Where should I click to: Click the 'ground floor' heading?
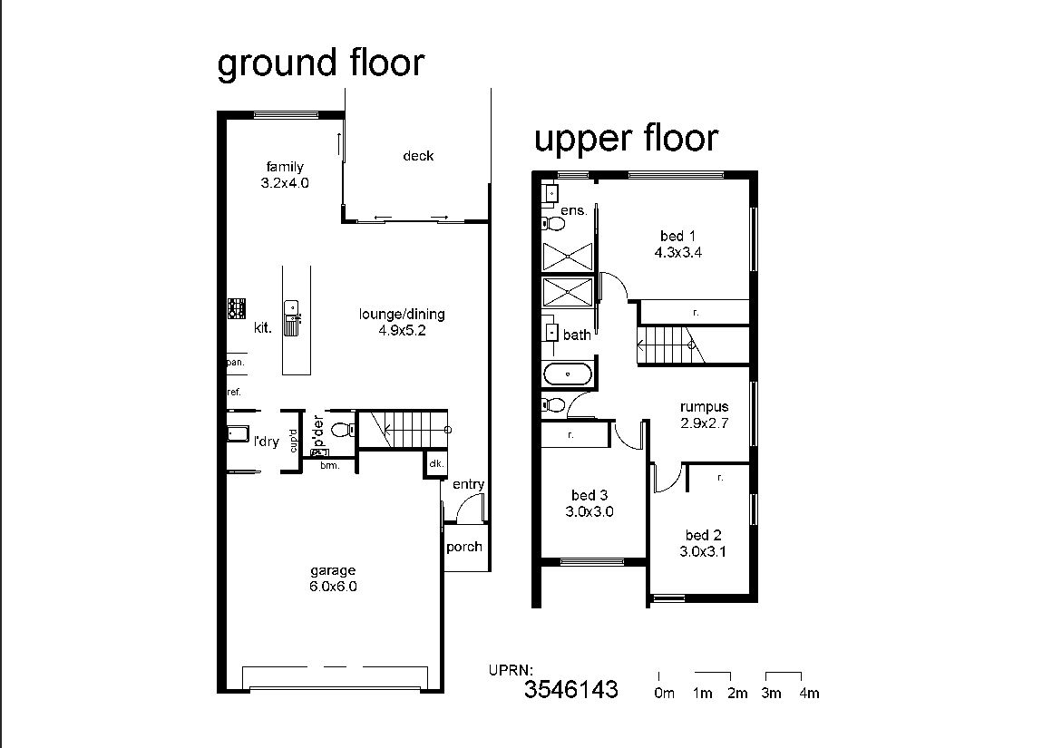click(x=320, y=63)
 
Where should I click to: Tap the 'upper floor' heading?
click(x=626, y=138)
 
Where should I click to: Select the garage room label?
click(x=333, y=570)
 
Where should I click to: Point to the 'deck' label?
click(x=418, y=156)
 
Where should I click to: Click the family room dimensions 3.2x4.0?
click(x=285, y=183)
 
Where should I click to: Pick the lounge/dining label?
click(x=402, y=314)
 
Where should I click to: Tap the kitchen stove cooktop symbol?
click(x=237, y=308)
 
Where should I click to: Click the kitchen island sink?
click(x=291, y=317)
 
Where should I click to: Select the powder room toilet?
click(x=341, y=430)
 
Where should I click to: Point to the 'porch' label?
click(x=464, y=547)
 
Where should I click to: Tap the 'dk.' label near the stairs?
click(x=436, y=463)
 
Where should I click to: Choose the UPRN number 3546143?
click(x=571, y=689)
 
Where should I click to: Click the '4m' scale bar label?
click(x=809, y=694)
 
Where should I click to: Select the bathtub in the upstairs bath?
click(x=568, y=374)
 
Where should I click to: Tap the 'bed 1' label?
click(x=677, y=237)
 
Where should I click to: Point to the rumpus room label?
click(x=705, y=407)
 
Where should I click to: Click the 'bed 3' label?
click(x=589, y=496)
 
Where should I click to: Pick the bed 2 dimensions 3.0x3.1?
click(x=703, y=551)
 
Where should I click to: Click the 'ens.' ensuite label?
click(x=573, y=210)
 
